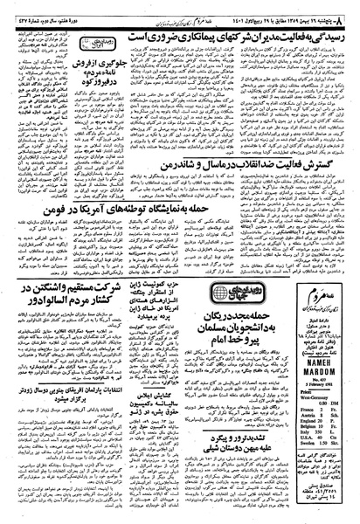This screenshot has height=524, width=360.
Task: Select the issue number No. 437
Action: (x=320, y=379)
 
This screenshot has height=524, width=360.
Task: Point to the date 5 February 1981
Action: (x=320, y=384)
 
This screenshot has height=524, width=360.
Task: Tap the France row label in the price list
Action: (x=307, y=410)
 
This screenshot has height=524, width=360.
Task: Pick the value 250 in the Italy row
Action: (x=319, y=431)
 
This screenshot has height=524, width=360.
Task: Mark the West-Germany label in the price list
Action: (x=314, y=397)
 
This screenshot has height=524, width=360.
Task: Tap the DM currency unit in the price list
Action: (x=335, y=403)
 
